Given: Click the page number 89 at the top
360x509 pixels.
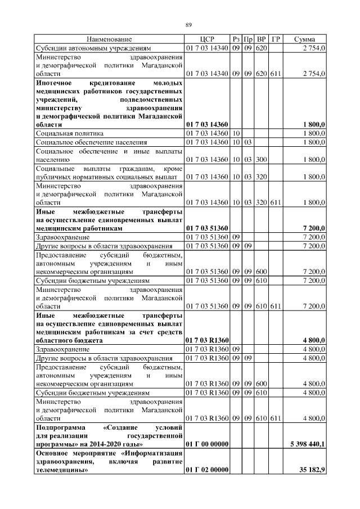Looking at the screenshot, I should [189, 24].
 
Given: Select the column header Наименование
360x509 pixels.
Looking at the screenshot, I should [109, 39].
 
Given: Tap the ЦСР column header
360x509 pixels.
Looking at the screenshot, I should [206, 39].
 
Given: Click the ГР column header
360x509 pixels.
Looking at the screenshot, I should [276, 39].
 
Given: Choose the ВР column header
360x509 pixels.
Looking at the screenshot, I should [262, 39].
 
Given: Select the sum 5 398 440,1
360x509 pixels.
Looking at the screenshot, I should [307, 444].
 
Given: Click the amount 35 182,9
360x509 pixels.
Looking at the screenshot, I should [312, 470].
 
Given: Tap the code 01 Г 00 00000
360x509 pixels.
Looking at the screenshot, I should [206, 444].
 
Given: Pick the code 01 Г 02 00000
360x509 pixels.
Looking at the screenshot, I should [206, 470].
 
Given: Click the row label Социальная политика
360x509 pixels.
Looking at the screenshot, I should [62, 133].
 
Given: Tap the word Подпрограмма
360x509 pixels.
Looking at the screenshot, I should [60, 427].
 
